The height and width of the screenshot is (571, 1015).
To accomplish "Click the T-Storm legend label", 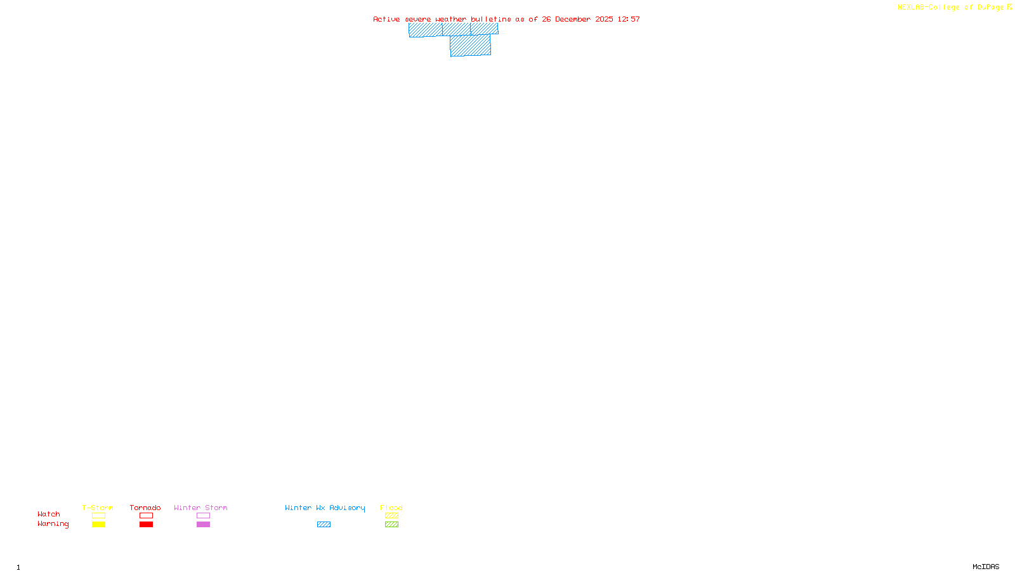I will (98, 508).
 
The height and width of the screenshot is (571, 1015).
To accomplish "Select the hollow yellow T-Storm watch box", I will (98, 516).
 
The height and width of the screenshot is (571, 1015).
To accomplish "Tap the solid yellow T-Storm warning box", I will (98, 525).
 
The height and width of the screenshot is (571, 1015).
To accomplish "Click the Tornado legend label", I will (145, 508).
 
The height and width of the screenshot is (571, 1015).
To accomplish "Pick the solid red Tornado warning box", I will (146, 525).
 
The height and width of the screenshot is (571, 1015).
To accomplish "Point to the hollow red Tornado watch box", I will (146, 516).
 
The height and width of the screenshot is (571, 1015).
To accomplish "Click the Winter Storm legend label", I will (200, 508).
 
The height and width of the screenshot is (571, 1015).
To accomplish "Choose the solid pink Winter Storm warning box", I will (203, 525).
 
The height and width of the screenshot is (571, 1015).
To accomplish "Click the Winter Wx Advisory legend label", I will (325, 508).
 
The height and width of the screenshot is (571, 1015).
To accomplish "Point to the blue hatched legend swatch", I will (324, 525).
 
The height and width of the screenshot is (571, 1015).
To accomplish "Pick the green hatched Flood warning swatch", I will (391, 525).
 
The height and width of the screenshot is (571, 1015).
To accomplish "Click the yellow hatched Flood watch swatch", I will (391, 516).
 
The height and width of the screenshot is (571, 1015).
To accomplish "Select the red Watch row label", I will (49, 514).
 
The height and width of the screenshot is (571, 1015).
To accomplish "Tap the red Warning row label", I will (53, 524).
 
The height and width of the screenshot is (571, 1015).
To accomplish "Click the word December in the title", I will (573, 19).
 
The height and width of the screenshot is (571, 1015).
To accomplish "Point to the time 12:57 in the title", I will (629, 19).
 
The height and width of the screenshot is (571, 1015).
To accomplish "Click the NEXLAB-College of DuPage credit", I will (951, 7).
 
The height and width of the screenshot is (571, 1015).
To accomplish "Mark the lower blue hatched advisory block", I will (470, 46).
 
